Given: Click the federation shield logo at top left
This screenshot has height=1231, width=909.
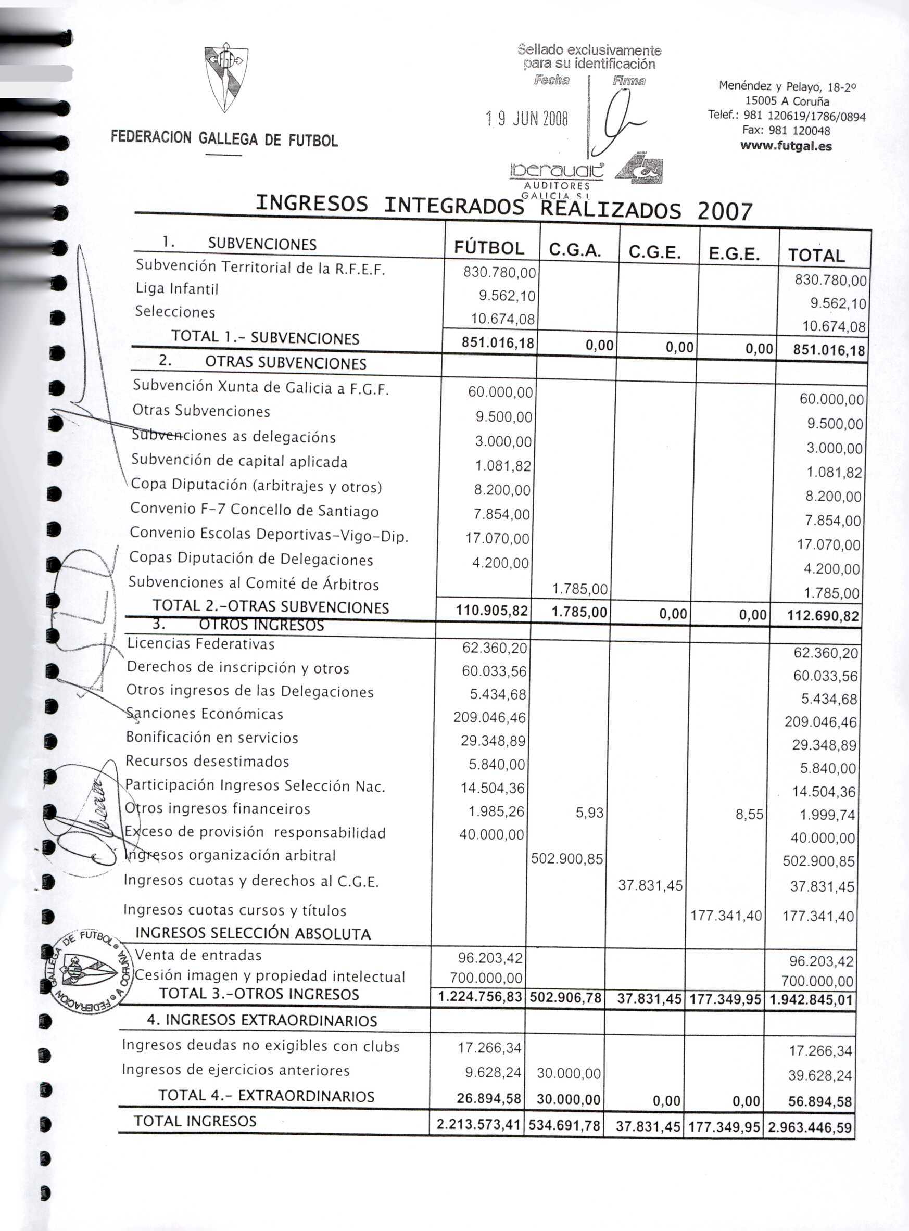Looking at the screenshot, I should click(x=225, y=77).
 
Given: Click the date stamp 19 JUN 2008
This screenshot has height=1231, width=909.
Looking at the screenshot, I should click(x=526, y=118).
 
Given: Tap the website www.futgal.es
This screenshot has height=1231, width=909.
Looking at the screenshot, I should click(x=786, y=146).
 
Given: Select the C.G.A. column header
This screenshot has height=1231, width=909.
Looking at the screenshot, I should click(x=574, y=251).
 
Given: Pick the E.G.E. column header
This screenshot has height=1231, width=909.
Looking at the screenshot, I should click(x=734, y=253).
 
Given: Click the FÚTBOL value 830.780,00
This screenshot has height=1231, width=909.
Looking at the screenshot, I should click(x=499, y=272).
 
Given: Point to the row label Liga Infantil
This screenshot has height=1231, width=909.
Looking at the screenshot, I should click(x=176, y=289).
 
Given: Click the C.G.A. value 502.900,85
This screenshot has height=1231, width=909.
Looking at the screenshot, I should click(x=567, y=859).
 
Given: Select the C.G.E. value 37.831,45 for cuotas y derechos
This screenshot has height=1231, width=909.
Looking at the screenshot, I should click(x=650, y=885).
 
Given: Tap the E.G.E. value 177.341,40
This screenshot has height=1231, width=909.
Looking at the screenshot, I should click(x=726, y=915).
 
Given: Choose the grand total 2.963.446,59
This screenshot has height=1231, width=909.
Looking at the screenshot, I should click(x=810, y=1127).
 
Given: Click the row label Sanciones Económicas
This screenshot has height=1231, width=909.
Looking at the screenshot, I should click(x=204, y=714).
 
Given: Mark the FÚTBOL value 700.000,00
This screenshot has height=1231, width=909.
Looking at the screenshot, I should click(x=486, y=978).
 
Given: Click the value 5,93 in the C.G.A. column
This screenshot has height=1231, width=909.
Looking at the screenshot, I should click(x=589, y=812).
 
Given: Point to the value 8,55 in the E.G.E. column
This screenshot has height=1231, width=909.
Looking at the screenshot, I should click(x=749, y=814).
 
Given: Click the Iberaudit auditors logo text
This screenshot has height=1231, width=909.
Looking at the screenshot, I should click(x=557, y=171).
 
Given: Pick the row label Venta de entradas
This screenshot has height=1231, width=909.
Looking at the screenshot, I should click(x=198, y=955).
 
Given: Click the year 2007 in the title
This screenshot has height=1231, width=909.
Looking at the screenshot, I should click(x=724, y=211).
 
